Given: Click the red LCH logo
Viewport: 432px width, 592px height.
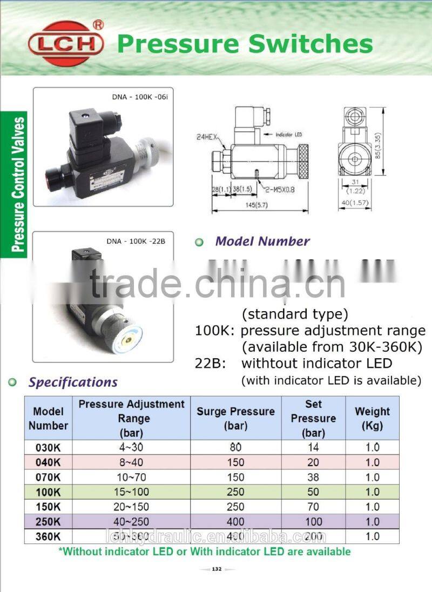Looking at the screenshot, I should pyautogui.click(x=66, y=44).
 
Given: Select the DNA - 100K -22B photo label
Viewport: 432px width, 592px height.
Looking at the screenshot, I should pyautogui.click(x=136, y=241).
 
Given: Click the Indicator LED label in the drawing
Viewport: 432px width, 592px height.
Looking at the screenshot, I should pyautogui.click(x=292, y=133).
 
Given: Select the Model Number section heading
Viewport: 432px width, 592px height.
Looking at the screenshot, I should pyautogui.click(x=262, y=241).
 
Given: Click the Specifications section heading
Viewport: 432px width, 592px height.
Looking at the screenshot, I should pyautogui.click(x=73, y=382).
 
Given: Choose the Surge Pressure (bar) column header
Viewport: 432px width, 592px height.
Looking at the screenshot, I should pyautogui.click(x=235, y=418).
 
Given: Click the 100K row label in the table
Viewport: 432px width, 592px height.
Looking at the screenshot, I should pyautogui.click(x=48, y=492).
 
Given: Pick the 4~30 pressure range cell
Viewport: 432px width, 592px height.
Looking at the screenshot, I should pyautogui.click(x=131, y=447).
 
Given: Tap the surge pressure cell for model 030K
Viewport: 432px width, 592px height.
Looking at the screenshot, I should pyautogui.click(x=235, y=447).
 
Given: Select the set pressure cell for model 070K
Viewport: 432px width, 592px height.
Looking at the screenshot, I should pyautogui.click(x=313, y=477).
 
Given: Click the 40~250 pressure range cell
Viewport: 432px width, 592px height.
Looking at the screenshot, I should pyautogui.click(x=131, y=522).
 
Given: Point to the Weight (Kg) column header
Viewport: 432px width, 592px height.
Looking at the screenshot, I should pyautogui.click(x=372, y=418).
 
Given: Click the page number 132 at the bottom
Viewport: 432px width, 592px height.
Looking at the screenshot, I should pyautogui.click(x=217, y=569).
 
